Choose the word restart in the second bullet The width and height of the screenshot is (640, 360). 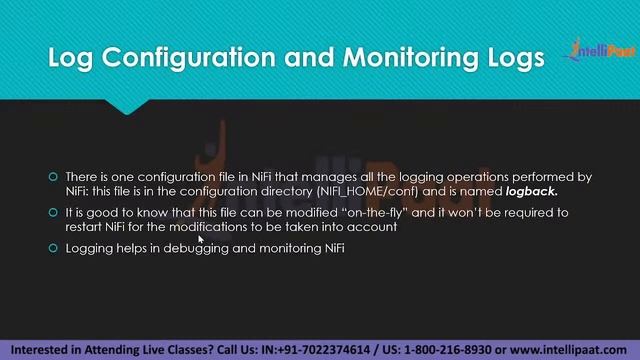click(84, 227)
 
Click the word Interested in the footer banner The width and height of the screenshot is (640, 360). click(44, 350)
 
